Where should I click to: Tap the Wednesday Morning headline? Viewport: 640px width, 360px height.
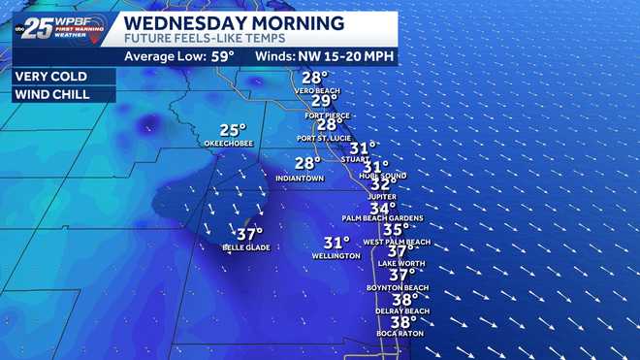[x=234, y=21]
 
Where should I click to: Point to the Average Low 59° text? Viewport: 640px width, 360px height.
[x=182, y=56]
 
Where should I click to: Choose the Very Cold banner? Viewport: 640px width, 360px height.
[x=50, y=76]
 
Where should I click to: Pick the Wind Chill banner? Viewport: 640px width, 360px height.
[x=49, y=95]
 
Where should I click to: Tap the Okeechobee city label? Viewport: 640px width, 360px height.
[x=228, y=144]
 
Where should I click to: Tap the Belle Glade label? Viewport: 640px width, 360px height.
[x=245, y=247]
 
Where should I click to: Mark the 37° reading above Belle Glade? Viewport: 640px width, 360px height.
[x=249, y=234]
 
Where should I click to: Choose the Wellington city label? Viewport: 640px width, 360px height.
[x=336, y=256]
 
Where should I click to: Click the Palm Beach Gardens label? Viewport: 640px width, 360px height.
[x=383, y=219]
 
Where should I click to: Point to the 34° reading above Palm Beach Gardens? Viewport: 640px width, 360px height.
[x=382, y=208]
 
